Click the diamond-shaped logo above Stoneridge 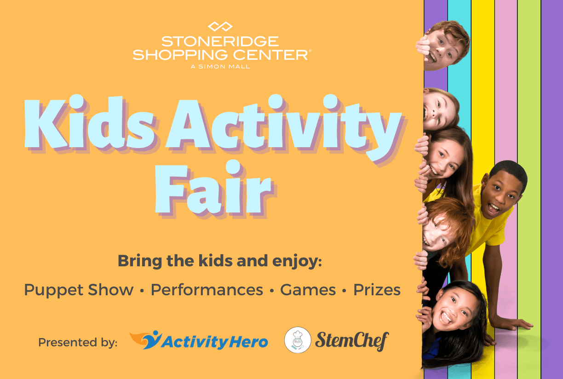tap(220, 26)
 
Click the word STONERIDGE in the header tap(220, 41)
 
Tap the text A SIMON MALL tap(220, 67)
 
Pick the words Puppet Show tap(79, 290)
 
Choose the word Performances tap(207, 290)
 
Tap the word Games tap(308, 290)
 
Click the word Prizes tap(377, 290)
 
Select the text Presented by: tap(78, 342)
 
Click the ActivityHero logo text tap(215, 342)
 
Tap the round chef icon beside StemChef tap(298, 340)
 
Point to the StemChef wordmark tap(352, 341)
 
